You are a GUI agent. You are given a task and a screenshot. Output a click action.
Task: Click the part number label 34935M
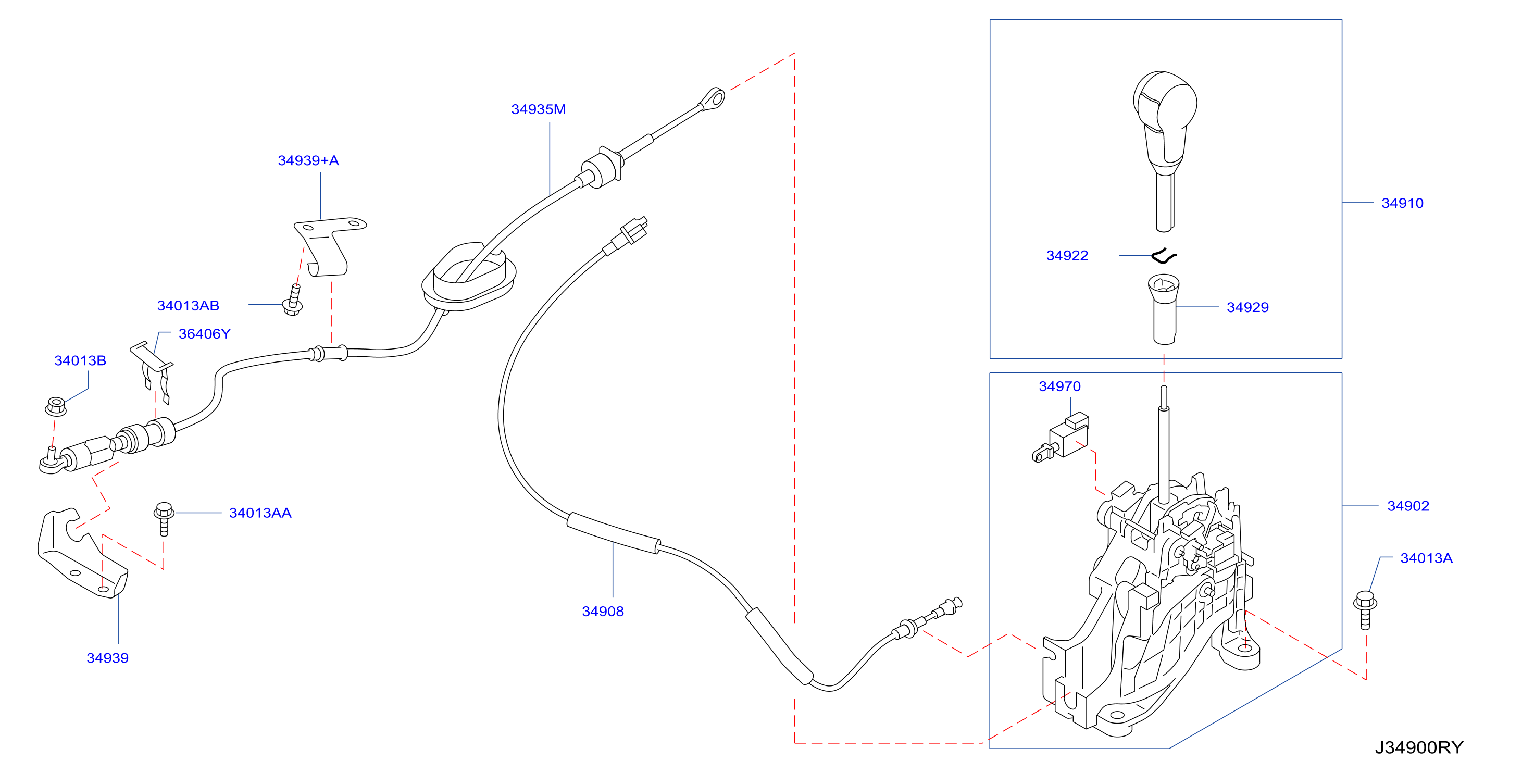click(x=538, y=109)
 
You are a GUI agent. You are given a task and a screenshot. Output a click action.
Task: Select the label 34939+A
click(x=308, y=161)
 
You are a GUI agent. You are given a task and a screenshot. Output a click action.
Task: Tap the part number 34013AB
click(x=188, y=306)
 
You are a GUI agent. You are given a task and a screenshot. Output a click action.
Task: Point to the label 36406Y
click(x=204, y=334)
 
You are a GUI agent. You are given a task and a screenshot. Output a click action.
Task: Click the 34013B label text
click(x=80, y=360)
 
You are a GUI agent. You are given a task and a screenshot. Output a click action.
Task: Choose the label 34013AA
click(x=260, y=513)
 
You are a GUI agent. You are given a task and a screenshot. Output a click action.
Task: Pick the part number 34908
click(x=603, y=612)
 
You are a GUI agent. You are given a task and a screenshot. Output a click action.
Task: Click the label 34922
click(x=1067, y=255)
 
